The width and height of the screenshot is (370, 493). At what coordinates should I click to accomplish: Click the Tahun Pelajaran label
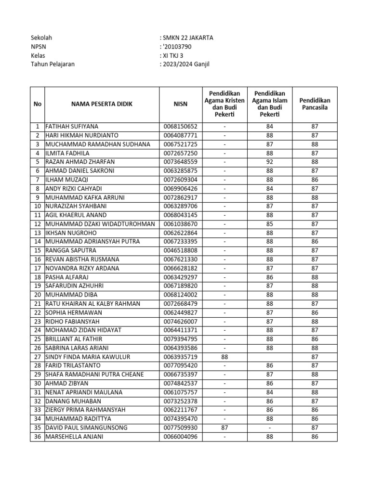click(x=53, y=64)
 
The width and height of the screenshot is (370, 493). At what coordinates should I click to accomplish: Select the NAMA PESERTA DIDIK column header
click(x=102, y=104)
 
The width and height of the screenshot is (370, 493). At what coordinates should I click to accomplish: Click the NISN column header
click(x=181, y=104)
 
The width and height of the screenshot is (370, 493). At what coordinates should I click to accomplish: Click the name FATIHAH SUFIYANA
click(x=71, y=127)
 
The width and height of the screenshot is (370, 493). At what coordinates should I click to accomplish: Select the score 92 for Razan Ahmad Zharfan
click(x=269, y=162)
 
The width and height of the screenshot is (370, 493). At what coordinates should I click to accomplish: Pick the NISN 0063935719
click(x=181, y=357)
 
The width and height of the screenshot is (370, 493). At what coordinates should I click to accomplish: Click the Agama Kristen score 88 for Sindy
click(x=224, y=357)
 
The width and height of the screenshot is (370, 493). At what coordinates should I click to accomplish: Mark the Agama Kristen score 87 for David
click(x=224, y=428)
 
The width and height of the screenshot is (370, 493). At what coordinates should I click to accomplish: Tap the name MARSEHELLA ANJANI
click(x=74, y=437)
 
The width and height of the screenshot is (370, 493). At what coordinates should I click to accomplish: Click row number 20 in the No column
click(x=37, y=295)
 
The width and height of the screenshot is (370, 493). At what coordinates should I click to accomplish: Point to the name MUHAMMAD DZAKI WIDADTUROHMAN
click(x=100, y=224)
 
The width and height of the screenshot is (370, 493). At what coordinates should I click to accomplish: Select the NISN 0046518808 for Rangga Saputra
click(x=181, y=250)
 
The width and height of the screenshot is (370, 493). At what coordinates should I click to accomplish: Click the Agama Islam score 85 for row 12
click(x=269, y=224)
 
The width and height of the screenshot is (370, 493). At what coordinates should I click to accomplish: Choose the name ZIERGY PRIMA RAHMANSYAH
click(x=85, y=410)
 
